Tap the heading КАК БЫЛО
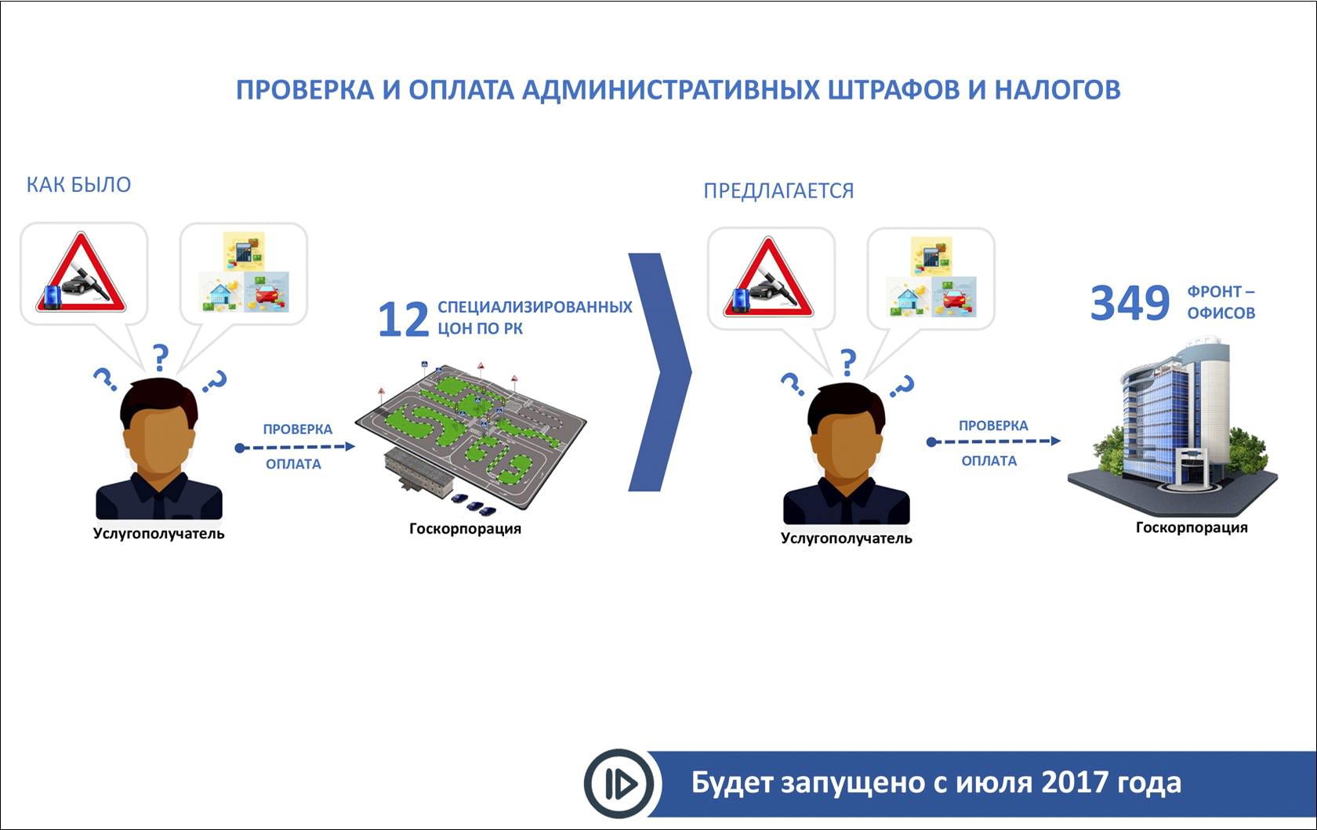78,185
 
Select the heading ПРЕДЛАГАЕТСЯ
778,191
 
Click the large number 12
403,319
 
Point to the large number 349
1130,303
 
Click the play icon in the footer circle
621,784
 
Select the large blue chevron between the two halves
660,372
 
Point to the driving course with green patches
470,435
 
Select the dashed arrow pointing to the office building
994,441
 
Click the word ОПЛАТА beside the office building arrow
989,461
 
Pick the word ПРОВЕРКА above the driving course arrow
298,429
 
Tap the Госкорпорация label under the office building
1192,528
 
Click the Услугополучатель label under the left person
158,534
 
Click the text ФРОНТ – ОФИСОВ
1221,303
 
